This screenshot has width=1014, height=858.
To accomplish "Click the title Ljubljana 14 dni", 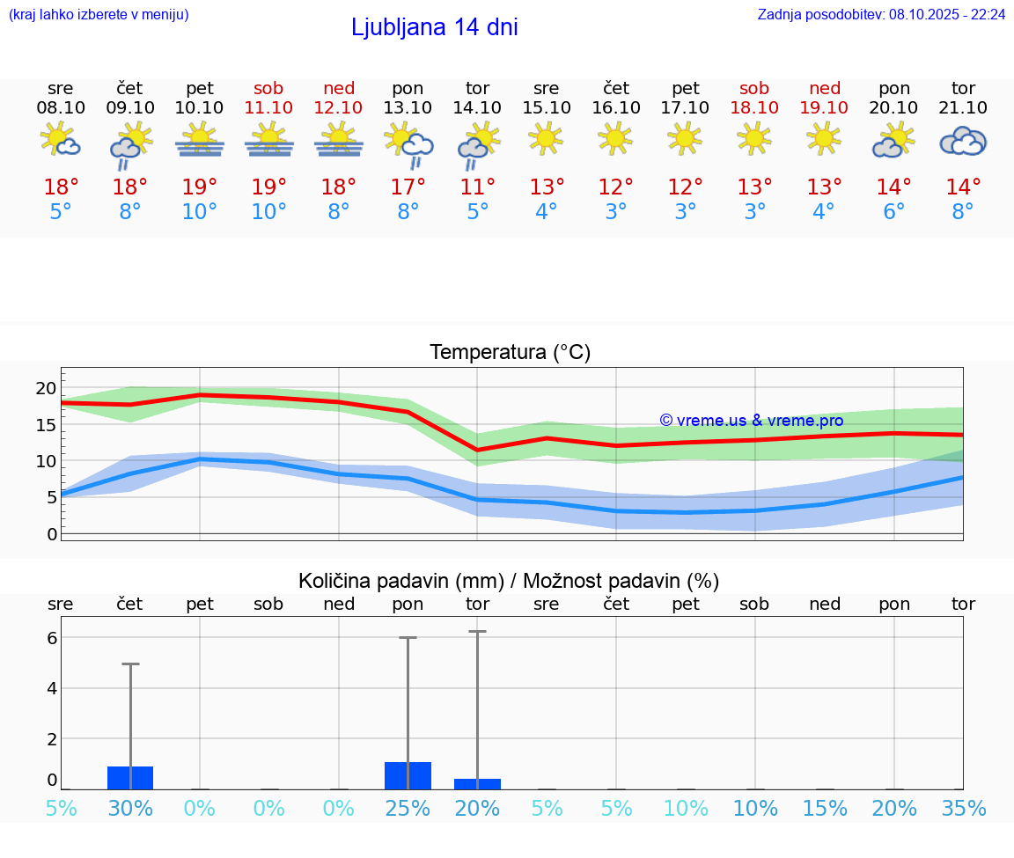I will [434, 27].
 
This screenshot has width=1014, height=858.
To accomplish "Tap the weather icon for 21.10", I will [963, 142].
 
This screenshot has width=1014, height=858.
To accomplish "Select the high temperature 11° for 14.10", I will [477, 187].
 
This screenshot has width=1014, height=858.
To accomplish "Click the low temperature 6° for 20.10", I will [893, 212].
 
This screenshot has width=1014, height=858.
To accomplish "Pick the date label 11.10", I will [268, 107].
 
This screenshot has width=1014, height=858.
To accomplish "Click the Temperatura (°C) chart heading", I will [510, 352].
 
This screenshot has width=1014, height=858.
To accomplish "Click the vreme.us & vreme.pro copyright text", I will [751, 421].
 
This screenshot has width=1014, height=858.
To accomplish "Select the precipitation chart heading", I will [508, 581].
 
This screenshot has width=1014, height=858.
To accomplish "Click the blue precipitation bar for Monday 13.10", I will [408, 775].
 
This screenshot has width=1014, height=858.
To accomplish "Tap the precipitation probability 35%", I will [963, 809].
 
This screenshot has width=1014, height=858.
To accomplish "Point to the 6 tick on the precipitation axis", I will [51, 638].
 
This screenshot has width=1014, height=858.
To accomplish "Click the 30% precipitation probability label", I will [130, 809].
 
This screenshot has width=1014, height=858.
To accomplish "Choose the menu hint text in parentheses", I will [99, 15].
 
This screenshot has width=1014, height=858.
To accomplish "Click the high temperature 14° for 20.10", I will [893, 187].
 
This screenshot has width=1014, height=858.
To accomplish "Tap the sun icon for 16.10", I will [615, 138].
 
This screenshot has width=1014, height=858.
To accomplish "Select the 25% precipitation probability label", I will [408, 809].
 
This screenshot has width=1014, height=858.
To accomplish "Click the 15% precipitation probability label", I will [824, 809].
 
